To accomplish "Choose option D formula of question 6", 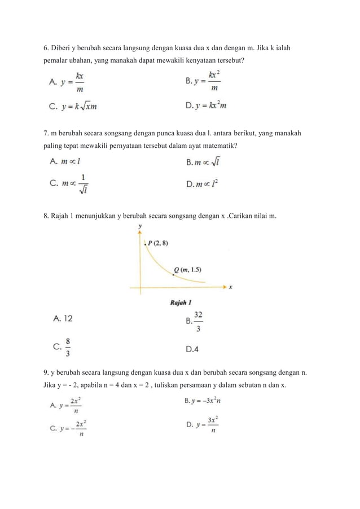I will (207, 105).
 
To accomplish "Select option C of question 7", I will (70, 185).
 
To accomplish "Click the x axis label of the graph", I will (231, 287).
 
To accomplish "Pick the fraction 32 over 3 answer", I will (195, 321).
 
